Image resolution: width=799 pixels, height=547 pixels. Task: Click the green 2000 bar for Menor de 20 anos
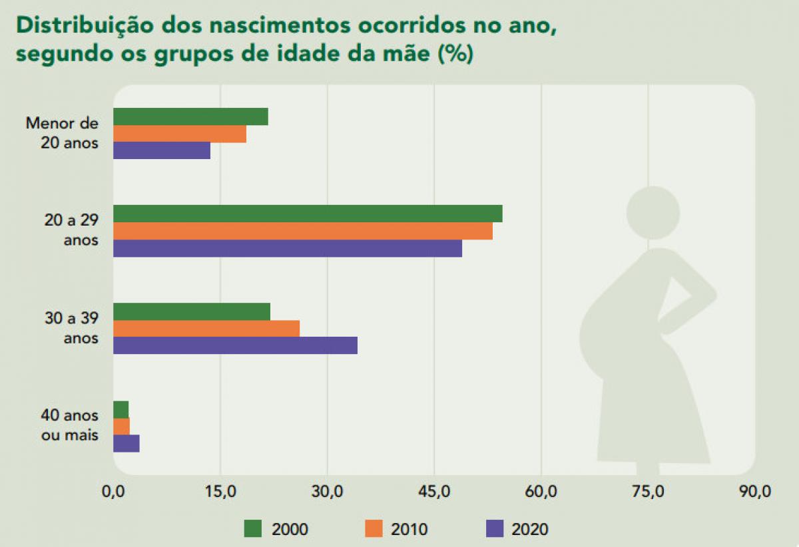click(190, 116)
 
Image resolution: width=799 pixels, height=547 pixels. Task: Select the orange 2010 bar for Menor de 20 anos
click(180, 134)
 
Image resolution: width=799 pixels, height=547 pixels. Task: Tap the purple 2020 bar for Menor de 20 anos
click(162, 150)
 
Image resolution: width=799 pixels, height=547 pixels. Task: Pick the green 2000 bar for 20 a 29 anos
click(308, 214)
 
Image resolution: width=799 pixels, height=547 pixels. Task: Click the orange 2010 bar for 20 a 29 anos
click(303, 231)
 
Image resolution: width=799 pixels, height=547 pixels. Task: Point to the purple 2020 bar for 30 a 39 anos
click(235, 345)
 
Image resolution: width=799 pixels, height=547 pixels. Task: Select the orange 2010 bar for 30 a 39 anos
click(206, 328)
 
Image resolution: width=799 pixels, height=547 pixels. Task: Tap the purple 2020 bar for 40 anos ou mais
click(127, 443)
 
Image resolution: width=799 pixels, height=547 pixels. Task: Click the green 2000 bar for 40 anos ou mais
click(121, 409)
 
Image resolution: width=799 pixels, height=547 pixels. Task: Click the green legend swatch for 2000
click(254, 528)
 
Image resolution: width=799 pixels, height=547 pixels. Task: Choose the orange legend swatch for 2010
click(374, 528)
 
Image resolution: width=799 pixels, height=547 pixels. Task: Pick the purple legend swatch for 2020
click(495, 528)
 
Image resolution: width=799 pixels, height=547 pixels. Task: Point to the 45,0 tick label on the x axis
click(434, 492)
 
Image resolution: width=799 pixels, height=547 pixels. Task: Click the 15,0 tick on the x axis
click(220, 492)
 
